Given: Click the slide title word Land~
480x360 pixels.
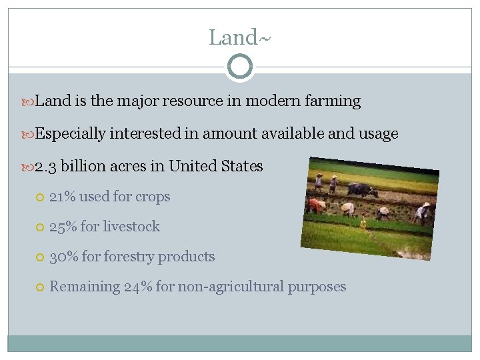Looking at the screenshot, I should pos(239,37).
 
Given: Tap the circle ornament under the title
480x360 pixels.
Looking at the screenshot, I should pos(239,67).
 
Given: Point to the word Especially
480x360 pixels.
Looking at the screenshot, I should pos(70,133).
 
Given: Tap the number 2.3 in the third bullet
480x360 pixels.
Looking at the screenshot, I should pos(46,166).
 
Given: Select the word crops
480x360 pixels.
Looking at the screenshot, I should pos(153,197).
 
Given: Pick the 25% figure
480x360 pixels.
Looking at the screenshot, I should pos(63,227).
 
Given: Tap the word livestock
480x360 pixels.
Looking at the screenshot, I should pos(131,227).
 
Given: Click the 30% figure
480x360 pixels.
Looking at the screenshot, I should pos(63,257).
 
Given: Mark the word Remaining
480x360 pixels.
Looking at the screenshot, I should pos(85,287).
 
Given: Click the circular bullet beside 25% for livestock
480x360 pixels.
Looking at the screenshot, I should pos(39,227).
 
